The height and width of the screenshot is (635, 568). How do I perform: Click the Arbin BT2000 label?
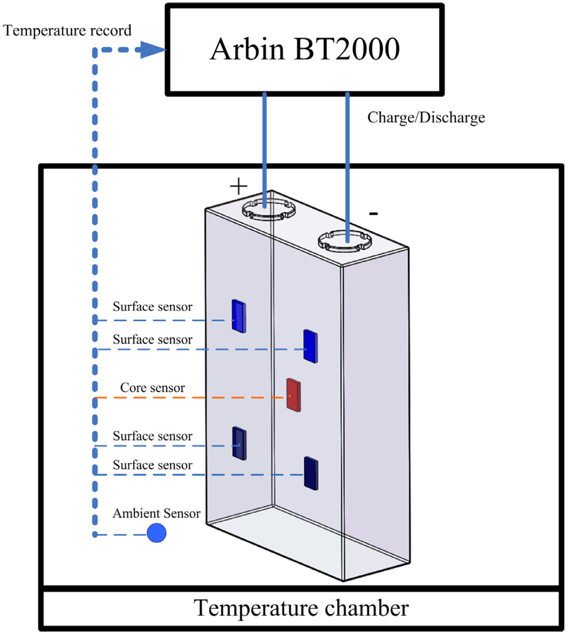(x=304, y=51)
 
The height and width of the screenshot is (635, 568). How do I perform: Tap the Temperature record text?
(x=68, y=30)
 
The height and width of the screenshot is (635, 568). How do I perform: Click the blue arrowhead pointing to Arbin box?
(x=154, y=51)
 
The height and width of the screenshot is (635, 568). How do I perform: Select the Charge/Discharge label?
(x=426, y=118)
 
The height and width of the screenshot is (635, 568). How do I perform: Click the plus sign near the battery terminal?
(x=238, y=187)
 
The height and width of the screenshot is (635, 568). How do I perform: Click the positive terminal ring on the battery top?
(x=268, y=210)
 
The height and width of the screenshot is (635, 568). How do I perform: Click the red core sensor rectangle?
(x=293, y=395)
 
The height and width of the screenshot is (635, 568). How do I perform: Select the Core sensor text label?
(x=153, y=388)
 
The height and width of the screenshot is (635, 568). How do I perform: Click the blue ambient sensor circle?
(x=156, y=533)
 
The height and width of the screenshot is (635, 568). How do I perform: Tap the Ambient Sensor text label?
(x=156, y=513)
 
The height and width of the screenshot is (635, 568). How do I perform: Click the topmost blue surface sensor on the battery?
(x=239, y=316)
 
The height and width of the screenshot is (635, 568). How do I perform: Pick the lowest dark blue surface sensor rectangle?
(x=311, y=473)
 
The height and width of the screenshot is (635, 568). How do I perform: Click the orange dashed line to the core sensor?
(x=189, y=398)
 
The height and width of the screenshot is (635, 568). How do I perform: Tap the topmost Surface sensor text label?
(x=153, y=306)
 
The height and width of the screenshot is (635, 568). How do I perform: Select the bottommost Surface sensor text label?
(x=153, y=465)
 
